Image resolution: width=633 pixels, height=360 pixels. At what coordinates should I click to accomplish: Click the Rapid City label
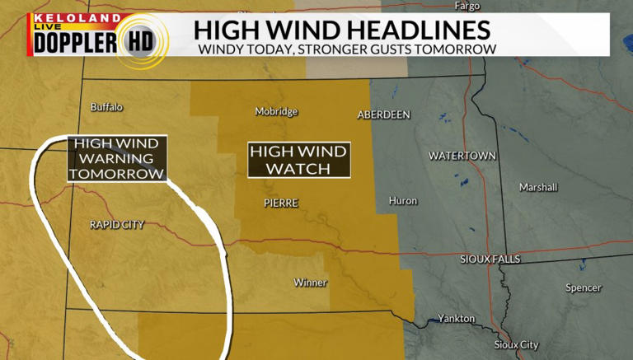[116, 224]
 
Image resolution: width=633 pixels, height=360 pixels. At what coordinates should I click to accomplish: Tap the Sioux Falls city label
[490, 259]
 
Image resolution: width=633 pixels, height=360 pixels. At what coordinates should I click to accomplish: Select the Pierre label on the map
[280, 203]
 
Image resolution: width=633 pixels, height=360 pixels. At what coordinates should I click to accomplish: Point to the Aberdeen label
[383, 115]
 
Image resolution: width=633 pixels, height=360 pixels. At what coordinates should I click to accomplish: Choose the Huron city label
[403, 201]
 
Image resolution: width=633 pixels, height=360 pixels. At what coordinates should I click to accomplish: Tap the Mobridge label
[276, 112]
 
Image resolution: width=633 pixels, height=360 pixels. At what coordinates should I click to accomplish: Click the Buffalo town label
[106, 107]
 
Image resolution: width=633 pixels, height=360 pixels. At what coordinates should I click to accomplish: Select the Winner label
[311, 283]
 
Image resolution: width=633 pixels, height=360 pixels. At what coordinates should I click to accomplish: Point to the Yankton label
[457, 318]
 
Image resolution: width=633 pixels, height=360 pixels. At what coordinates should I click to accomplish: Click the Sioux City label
[516, 344]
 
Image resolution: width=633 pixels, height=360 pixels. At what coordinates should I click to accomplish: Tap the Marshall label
[538, 187]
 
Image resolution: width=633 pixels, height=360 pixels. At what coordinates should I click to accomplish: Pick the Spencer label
[584, 288]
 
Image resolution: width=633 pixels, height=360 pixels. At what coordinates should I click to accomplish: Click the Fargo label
[467, 6]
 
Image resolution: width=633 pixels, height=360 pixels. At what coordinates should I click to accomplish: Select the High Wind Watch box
[299, 160]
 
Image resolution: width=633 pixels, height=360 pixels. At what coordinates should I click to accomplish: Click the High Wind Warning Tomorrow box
[117, 158]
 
